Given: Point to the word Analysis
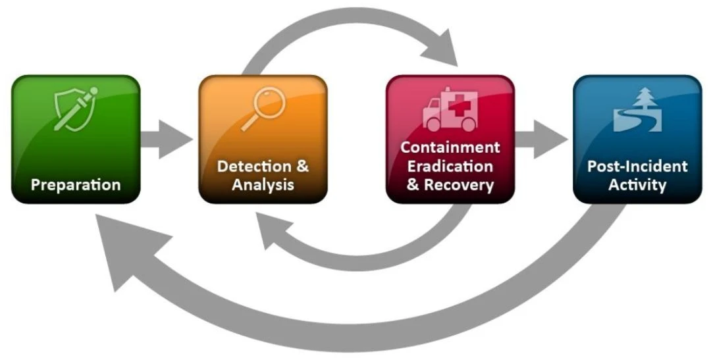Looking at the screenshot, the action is (x=263, y=185).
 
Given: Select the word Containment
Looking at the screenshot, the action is (x=450, y=147).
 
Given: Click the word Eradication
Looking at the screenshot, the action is (x=450, y=166).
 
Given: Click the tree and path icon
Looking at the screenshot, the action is (x=637, y=109).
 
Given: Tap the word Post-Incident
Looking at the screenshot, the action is (x=637, y=167).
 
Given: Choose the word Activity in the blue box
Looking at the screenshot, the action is (x=637, y=185).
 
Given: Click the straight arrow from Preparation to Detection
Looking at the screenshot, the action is (x=166, y=139).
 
